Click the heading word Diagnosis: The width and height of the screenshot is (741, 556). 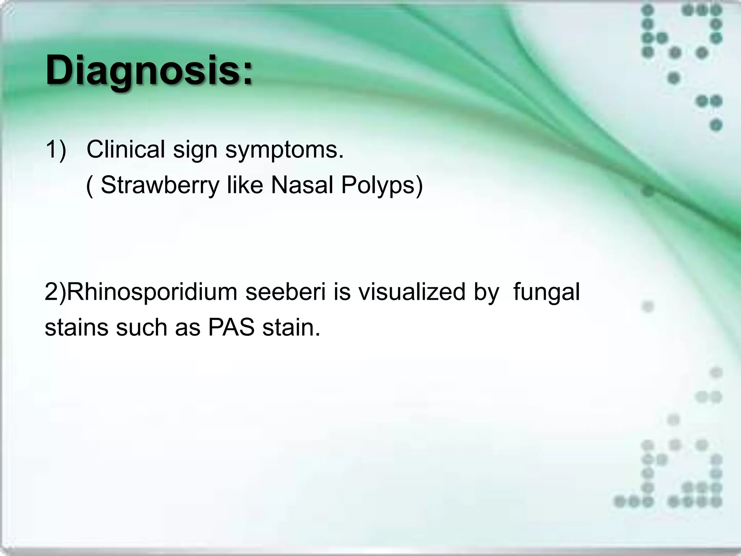[148, 71]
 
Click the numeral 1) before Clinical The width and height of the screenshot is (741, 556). [56, 149]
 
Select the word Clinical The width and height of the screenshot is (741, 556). [126, 149]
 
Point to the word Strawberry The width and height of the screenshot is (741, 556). [160, 185]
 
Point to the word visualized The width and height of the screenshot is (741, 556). [412, 292]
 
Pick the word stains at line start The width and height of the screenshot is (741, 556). [76, 327]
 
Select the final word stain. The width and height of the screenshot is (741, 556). [291, 327]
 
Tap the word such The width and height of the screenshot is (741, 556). [141, 327]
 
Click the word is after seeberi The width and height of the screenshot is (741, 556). [342, 292]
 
